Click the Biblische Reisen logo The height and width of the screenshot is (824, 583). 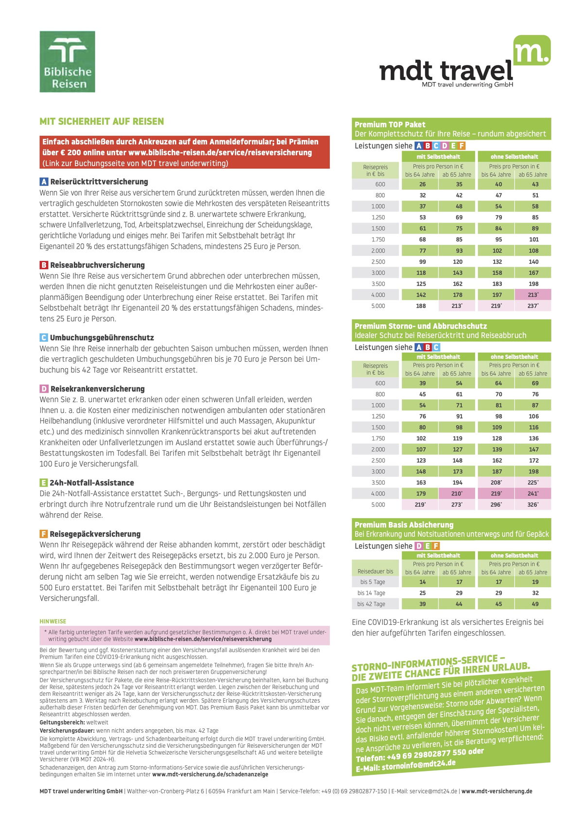point(67,62)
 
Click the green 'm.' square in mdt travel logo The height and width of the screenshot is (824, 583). point(532,50)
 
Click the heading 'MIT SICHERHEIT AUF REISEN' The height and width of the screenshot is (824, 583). point(102,121)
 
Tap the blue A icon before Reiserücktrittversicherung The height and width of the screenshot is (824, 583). point(44,182)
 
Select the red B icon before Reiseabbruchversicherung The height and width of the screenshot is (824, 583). point(44,265)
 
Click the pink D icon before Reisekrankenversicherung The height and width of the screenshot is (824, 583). point(44,389)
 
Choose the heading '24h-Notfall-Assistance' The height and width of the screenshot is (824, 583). point(91,483)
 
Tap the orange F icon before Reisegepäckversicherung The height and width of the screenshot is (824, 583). point(44,534)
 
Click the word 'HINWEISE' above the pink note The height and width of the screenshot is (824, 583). point(53,621)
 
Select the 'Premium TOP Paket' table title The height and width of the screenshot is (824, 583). point(390,124)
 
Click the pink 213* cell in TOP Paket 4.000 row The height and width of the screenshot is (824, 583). point(533,295)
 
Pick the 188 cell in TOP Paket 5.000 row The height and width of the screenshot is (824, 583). point(421,306)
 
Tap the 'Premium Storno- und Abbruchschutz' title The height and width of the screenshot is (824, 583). point(420,326)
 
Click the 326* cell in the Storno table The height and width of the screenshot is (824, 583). point(533,504)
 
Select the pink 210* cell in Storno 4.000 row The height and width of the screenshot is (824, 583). point(457,494)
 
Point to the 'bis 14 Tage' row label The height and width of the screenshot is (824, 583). point(371,593)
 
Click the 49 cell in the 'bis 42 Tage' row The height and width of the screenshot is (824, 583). point(535,604)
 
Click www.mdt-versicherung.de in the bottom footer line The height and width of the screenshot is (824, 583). point(497,791)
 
